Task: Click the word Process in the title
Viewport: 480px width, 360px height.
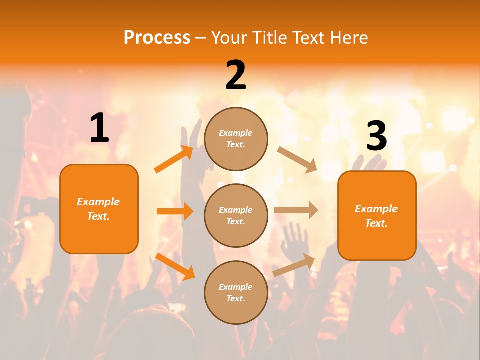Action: pyautogui.click(x=157, y=38)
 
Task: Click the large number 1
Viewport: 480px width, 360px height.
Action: pyautogui.click(x=99, y=128)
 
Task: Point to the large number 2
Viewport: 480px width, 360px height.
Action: pyautogui.click(x=236, y=75)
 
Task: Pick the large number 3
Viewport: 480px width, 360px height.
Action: pyautogui.click(x=376, y=136)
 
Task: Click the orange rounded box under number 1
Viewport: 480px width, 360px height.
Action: pyautogui.click(x=99, y=209)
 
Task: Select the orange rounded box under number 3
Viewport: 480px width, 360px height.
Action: pyautogui.click(x=377, y=215)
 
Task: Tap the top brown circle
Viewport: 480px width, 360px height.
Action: pyautogui.click(x=236, y=139)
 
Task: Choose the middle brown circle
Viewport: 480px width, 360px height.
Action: pyautogui.click(x=236, y=215)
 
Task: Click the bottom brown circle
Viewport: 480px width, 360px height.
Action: pyautogui.click(x=236, y=292)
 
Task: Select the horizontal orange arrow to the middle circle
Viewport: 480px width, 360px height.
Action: pyautogui.click(x=175, y=211)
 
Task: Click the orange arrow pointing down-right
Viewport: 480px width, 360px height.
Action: pyautogui.click(x=175, y=266)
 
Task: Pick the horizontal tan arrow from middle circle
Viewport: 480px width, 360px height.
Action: pyautogui.click(x=296, y=210)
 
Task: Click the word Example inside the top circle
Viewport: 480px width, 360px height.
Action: pyautogui.click(x=236, y=133)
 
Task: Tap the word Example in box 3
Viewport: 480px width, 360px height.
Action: pyautogui.click(x=376, y=209)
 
